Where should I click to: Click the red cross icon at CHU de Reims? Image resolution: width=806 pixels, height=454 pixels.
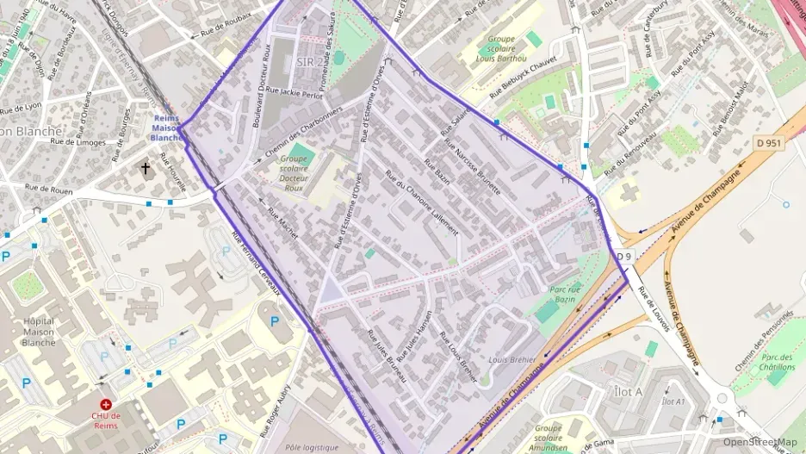106,403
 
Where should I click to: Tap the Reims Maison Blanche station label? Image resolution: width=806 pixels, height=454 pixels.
166,127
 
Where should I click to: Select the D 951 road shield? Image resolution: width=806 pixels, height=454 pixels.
768,142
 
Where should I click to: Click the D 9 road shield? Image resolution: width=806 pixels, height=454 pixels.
624,256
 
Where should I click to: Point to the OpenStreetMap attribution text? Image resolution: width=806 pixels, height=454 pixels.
759,442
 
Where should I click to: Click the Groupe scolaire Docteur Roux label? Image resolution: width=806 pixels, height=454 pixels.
294,172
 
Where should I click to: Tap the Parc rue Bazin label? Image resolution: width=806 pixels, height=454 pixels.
564,295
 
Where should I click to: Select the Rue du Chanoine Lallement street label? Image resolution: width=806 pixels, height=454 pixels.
422,204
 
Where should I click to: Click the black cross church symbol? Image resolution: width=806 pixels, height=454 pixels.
146,168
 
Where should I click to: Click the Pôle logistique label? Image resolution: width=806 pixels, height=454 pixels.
313,447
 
